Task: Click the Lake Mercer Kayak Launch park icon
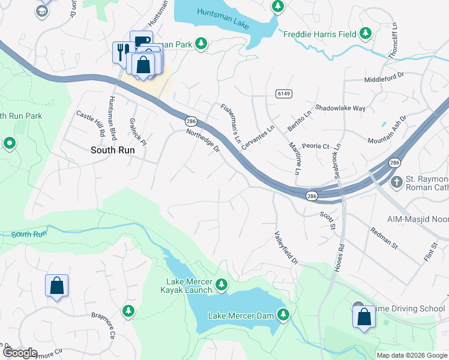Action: pyautogui.click(x=222, y=283)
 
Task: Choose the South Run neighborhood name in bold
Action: pyautogui.click(x=112, y=151)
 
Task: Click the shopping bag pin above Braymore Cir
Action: pyautogui.click(x=56, y=286)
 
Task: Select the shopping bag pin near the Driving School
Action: pyautogui.click(x=364, y=316)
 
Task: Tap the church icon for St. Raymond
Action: pyautogui.click(x=396, y=181)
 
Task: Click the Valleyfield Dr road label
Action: pyautogui.click(x=286, y=248)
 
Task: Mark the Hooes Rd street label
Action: pyautogui.click(x=340, y=240)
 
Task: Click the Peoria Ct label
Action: pyautogui.click(x=316, y=146)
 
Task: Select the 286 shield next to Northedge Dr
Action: pyautogui.click(x=191, y=121)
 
